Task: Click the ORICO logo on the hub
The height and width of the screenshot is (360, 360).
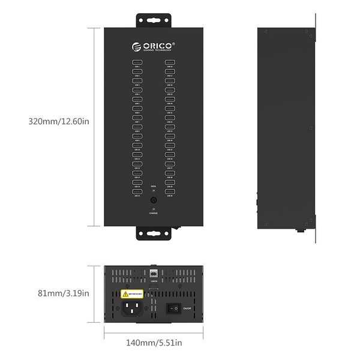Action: pos(153,44)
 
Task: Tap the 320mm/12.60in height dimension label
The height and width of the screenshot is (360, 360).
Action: pos(59,121)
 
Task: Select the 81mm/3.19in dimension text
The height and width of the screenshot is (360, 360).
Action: pos(59,293)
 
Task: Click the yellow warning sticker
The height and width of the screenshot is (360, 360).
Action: pos(133,294)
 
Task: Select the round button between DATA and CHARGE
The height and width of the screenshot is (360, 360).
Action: pos(154,200)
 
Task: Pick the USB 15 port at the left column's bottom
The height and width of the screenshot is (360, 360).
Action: pos(137,191)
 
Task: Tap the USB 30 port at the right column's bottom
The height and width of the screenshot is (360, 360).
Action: pos(170,191)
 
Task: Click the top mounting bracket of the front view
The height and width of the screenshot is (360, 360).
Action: pos(154,20)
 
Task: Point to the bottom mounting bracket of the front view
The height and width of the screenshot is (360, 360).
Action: pos(154,234)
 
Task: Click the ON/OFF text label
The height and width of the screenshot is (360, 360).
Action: pos(187,308)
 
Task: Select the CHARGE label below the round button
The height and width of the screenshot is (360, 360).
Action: pos(154,213)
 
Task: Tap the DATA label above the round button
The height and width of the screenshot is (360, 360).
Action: pos(154,185)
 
